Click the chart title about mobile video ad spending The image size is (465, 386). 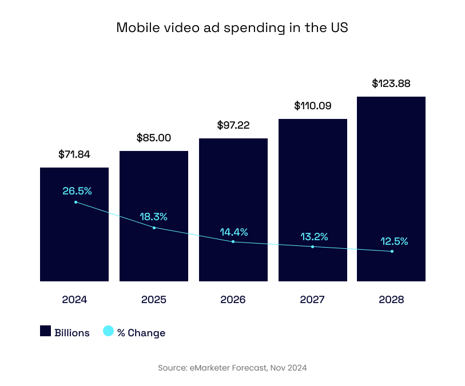[232, 27]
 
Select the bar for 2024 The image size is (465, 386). [74, 240]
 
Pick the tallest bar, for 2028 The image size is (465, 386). [391, 172]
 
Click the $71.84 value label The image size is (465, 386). [74, 154]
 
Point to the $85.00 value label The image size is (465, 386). [154, 138]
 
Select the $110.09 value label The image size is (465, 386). [313, 106]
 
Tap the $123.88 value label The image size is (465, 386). [391, 83]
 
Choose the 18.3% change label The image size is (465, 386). [154, 217]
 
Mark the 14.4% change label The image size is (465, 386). [234, 232]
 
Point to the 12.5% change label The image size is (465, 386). [395, 241]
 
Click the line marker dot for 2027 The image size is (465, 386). [313, 246]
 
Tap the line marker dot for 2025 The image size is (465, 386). [154, 228]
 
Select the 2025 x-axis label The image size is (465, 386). [154, 300]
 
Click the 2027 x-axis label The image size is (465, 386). [312, 300]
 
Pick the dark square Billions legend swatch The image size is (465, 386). [46, 331]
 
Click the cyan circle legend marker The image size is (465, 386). [108, 331]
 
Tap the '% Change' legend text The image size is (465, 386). [141, 333]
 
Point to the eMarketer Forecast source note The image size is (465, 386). [232, 368]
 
